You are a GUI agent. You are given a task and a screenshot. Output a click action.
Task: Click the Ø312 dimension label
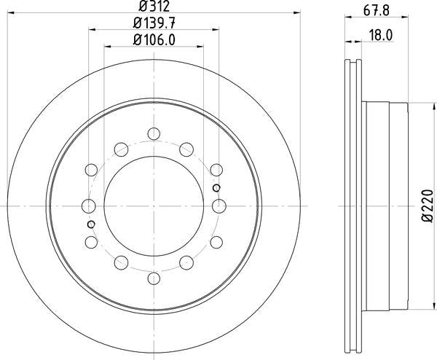(x=153, y=7)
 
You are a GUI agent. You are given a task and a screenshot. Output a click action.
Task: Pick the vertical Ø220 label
(x=427, y=207)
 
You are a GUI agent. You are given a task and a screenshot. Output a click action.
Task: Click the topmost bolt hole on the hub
(x=153, y=133)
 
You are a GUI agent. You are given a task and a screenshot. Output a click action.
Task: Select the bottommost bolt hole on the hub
(x=153, y=278)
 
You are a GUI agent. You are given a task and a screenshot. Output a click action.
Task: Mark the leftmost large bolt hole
(x=88, y=206)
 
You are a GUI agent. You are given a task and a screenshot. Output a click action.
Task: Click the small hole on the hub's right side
(x=216, y=188)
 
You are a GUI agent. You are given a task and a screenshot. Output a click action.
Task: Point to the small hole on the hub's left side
(x=90, y=223)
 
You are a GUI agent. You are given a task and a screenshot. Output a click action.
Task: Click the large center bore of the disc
(x=153, y=206)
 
